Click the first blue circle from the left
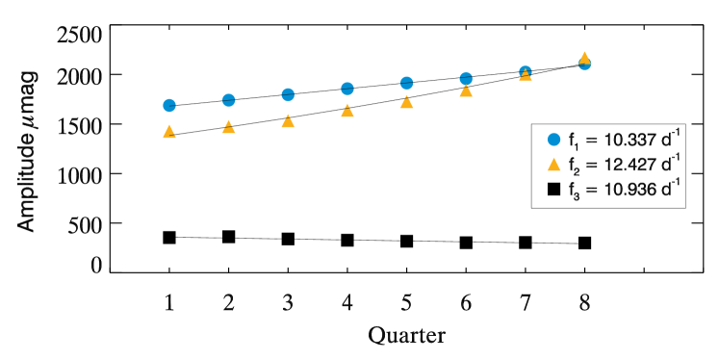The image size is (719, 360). [x=169, y=105]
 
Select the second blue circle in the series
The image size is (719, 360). [x=229, y=100]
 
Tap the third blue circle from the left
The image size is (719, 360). [x=288, y=94]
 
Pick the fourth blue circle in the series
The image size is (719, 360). [x=347, y=89]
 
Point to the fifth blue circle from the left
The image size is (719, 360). [x=407, y=83]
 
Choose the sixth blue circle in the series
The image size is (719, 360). [x=466, y=78]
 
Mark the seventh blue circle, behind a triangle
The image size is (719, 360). [x=526, y=70]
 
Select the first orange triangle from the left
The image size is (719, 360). [x=169, y=131]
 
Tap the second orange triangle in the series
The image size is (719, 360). [x=229, y=126]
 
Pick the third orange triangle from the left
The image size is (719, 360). [x=288, y=120]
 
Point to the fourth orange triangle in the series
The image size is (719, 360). [x=347, y=110]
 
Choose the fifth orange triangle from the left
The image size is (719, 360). [x=407, y=101]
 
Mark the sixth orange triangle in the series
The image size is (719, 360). [x=466, y=90]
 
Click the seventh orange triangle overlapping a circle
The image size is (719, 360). [x=526, y=75]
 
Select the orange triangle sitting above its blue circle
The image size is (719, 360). [x=584, y=57]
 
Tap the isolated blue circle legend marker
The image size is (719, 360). [x=554, y=140]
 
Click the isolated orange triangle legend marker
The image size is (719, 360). [x=554, y=165]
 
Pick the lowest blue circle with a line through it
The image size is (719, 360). [x=169, y=105]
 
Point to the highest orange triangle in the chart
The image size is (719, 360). [x=584, y=57]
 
